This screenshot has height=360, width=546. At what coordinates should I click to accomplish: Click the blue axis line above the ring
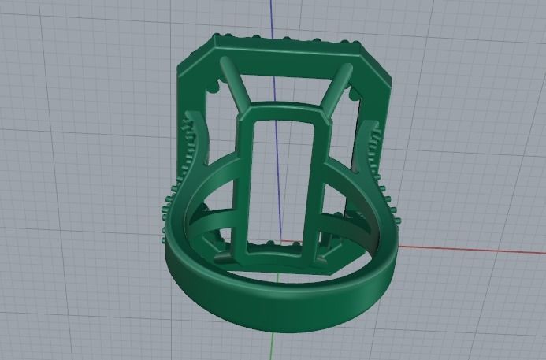click(x=273, y=20)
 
